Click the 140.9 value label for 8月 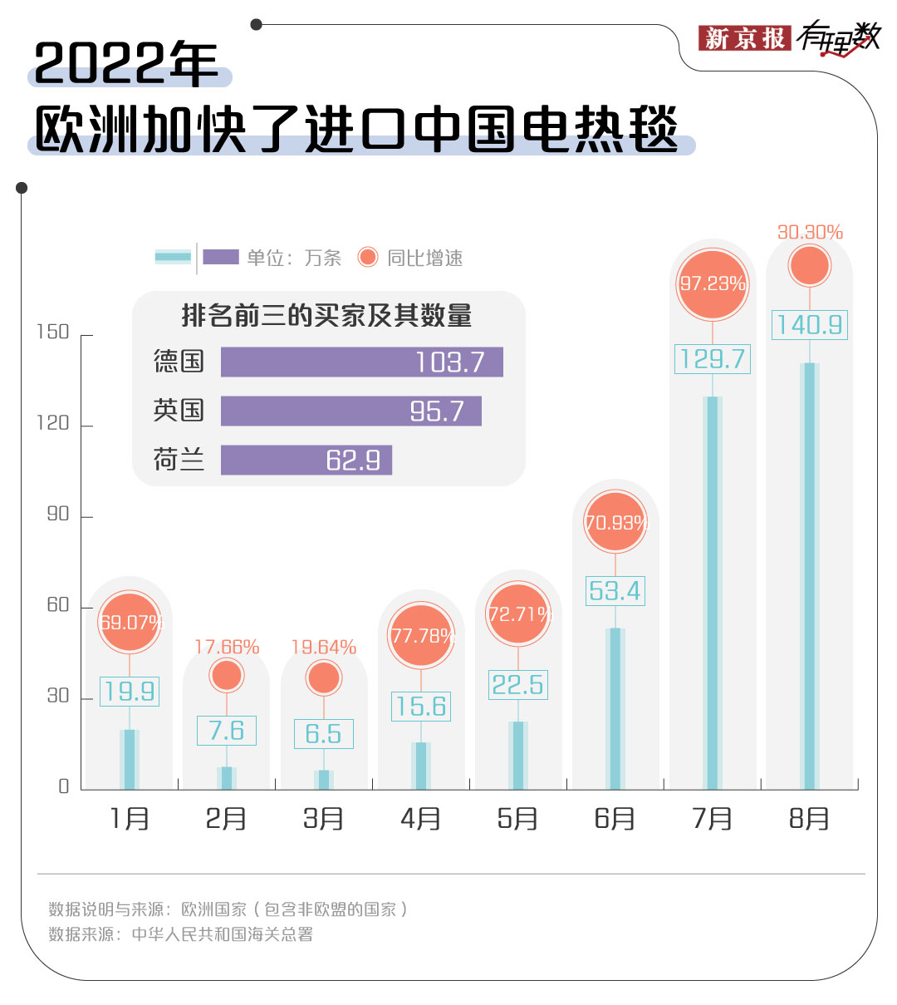coord(810,324)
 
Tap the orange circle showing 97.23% coord(713,284)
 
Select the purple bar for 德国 coord(361,362)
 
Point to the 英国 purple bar coord(350,411)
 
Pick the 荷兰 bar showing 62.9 coord(306,460)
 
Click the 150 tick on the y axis coord(53,333)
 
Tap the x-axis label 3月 coord(323,819)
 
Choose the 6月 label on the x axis coord(615,819)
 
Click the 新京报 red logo coord(743,38)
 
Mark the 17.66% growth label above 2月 coord(227,647)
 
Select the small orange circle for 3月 coord(324,678)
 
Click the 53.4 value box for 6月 coord(615,591)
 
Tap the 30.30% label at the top coord(810,233)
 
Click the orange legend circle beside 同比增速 coord(368,258)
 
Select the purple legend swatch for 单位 coord(220,258)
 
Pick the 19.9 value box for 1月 coord(130,691)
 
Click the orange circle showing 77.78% coord(421,637)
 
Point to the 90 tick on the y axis coord(58,515)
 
